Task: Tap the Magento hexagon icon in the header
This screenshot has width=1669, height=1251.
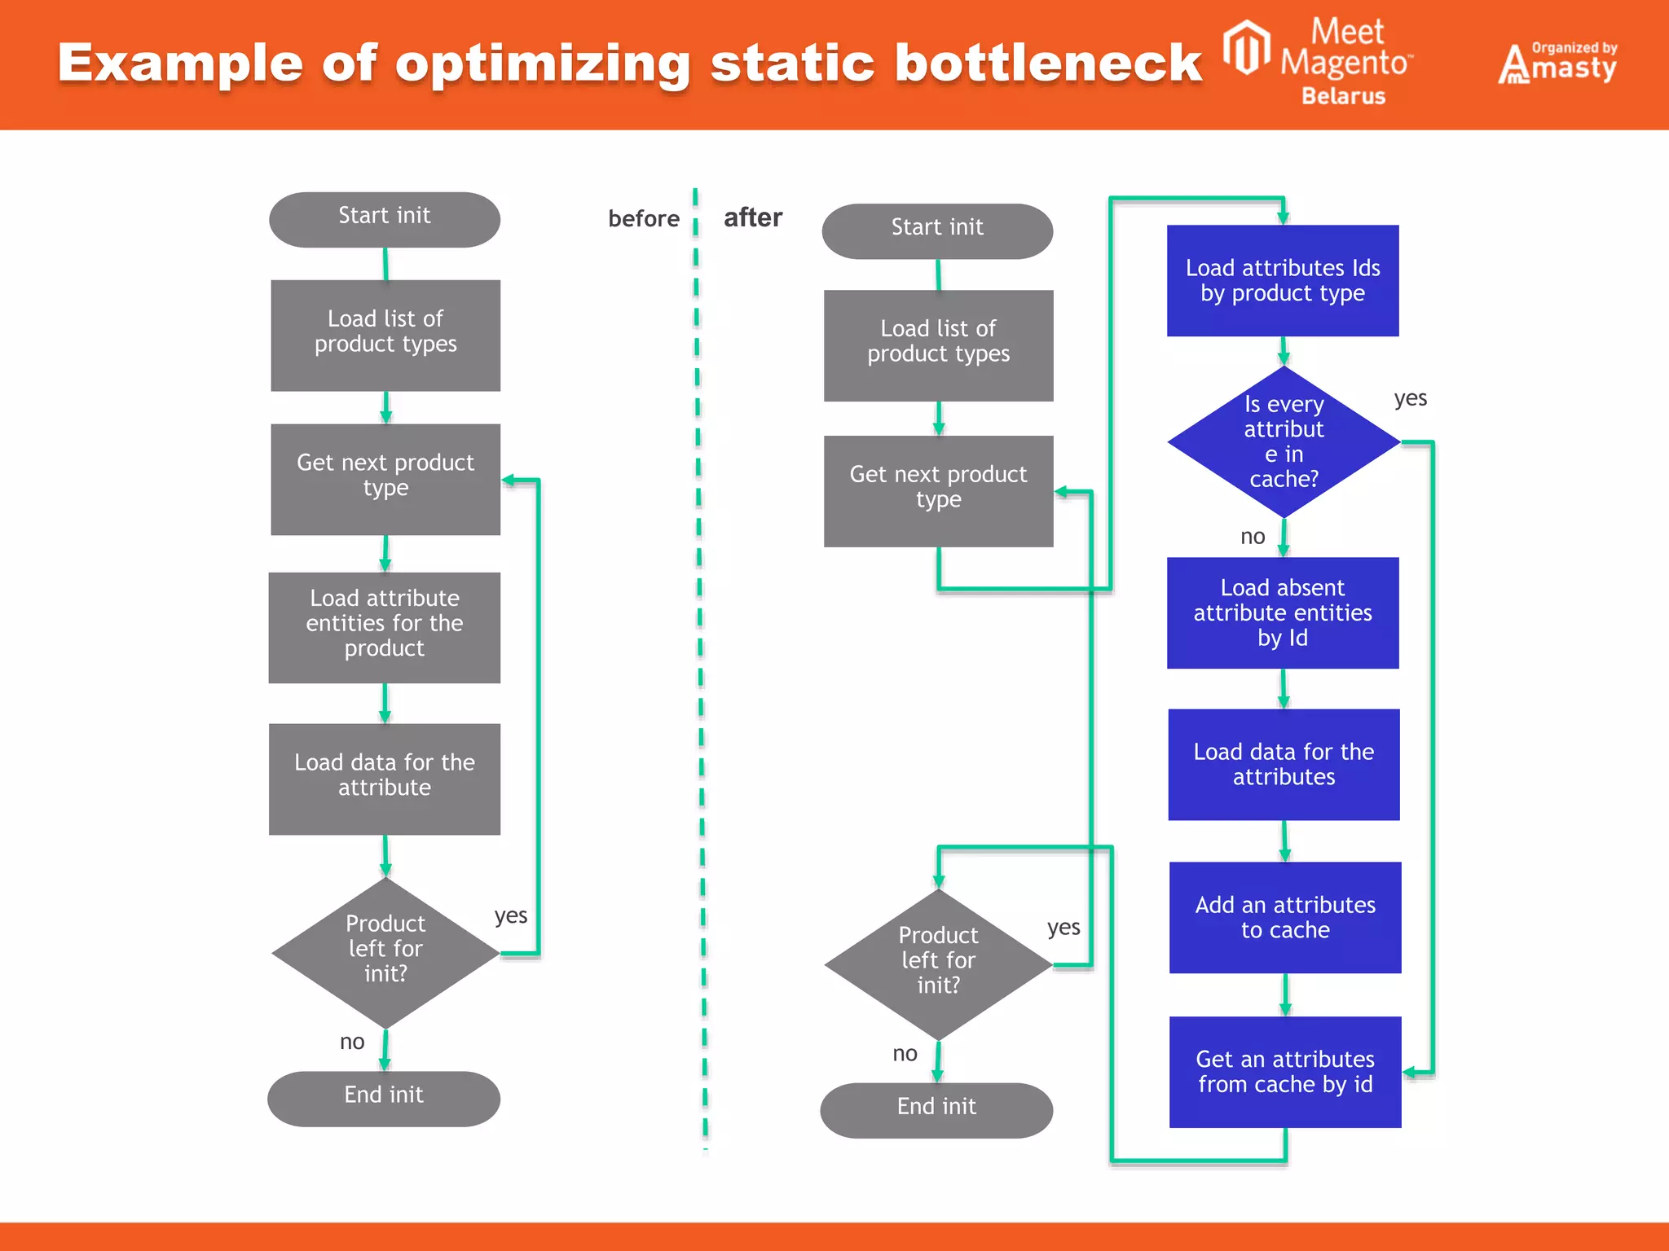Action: (x=1247, y=49)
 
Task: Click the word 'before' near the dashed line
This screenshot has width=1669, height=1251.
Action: (x=643, y=218)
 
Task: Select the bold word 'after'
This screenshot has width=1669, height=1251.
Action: (x=752, y=217)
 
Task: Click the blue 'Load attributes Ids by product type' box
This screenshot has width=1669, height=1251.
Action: (x=1283, y=280)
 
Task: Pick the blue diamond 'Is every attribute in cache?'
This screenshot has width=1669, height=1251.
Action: (x=1284, y=441)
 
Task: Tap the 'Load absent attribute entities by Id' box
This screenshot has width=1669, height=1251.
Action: (x=1283, y=612)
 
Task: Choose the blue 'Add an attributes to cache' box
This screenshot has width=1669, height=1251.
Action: (x=1285, y=917)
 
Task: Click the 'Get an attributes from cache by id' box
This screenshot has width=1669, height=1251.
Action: (x=1285, y=1071)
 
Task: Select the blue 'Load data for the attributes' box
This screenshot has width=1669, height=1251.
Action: (x=1284, y=764)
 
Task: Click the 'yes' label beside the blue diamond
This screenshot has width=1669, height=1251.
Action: (x=1410, y=398)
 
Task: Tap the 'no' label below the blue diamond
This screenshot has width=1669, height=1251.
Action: (x=1253, y=537)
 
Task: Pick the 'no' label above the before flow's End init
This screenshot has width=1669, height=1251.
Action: (x=352, y=1042)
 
